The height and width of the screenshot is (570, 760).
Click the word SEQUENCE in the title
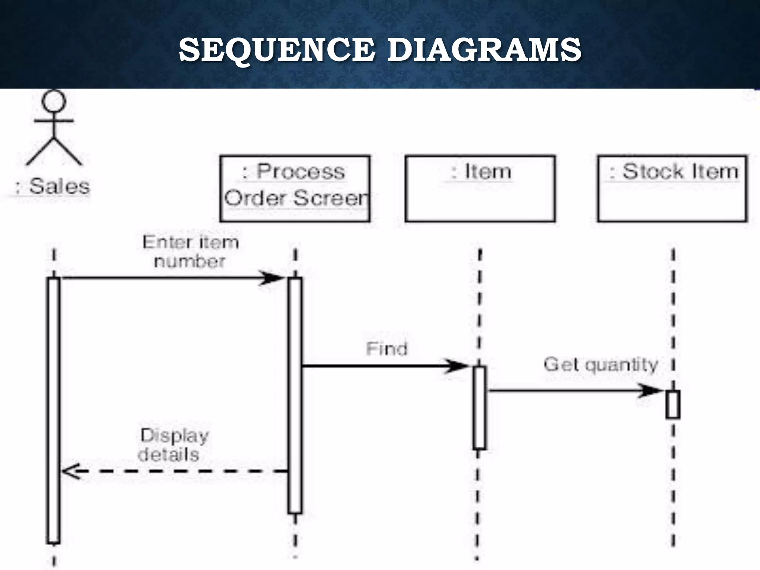coord(276,50)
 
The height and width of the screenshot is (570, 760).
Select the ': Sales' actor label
coord(53,186)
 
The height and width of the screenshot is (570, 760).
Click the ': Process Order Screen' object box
coord(295,189)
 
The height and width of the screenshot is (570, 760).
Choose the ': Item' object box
coord(480,189)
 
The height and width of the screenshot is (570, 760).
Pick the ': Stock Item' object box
coord(672,189)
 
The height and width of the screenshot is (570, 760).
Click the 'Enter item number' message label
coord(190,252)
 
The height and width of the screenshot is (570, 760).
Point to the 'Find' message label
coord(387,349)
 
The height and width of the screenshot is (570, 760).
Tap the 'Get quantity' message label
coord(601,364)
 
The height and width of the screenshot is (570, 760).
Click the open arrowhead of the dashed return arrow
coord(71,471)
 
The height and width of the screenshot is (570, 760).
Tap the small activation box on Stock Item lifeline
coord(673,404)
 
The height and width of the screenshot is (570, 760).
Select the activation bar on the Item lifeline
coord(479,408)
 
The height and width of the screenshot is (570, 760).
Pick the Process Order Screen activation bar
coord(295,395)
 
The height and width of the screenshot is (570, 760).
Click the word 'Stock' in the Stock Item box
coord(653,172)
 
